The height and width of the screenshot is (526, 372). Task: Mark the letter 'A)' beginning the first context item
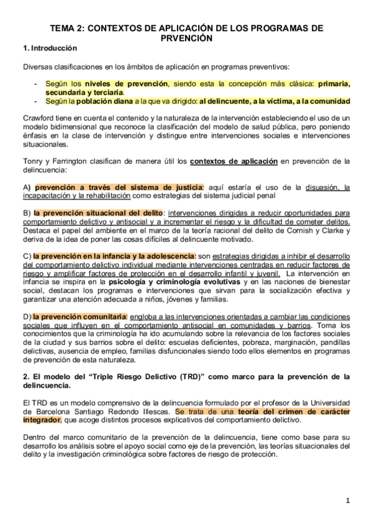(26, 187)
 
